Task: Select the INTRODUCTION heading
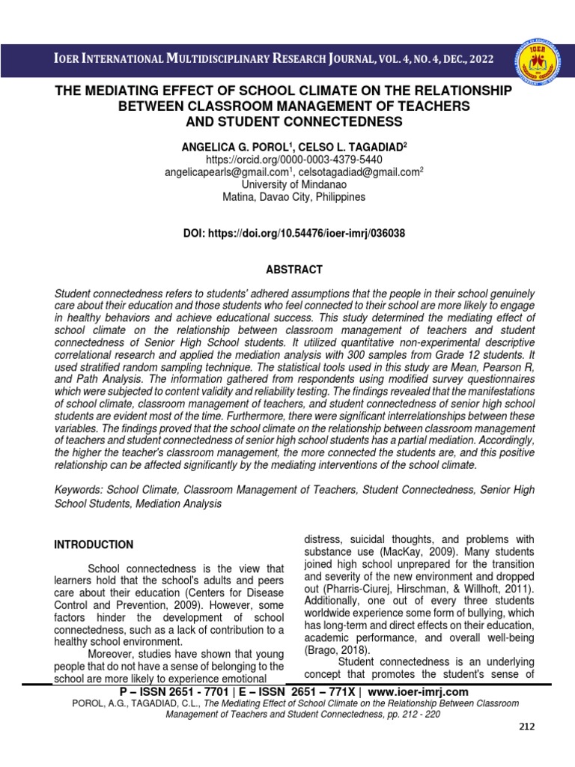(x=94, y=545)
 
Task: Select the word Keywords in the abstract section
(x=79, y=491)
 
